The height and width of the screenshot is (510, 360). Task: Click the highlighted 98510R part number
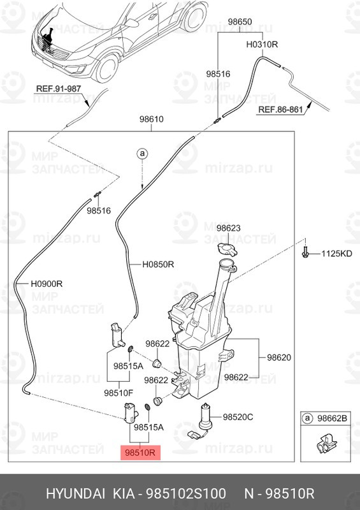click(141, 452)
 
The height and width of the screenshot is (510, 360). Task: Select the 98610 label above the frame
click(152, 119)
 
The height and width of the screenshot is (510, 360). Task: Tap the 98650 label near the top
click(240, 22)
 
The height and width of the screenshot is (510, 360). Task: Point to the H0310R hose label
click(262, 45)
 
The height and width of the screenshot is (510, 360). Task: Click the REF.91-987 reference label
click(59, 89)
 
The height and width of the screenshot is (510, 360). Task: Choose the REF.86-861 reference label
click(280, 110)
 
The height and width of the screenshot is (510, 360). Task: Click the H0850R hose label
click(158, 265)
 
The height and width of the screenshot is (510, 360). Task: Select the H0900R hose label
click(47, 284)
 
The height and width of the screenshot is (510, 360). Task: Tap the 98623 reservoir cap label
click(229, 228)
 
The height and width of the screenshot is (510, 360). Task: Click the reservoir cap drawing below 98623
click(227, 249)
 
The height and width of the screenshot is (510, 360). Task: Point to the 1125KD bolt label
click(336, 253)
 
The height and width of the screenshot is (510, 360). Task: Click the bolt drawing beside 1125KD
click(305, 251)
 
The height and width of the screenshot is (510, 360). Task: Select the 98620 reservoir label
click(279, 358)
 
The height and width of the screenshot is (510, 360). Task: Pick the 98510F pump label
click(119, 393)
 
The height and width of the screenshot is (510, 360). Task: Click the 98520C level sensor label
click(238, 417)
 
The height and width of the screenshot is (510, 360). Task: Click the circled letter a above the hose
click(142, 153)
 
